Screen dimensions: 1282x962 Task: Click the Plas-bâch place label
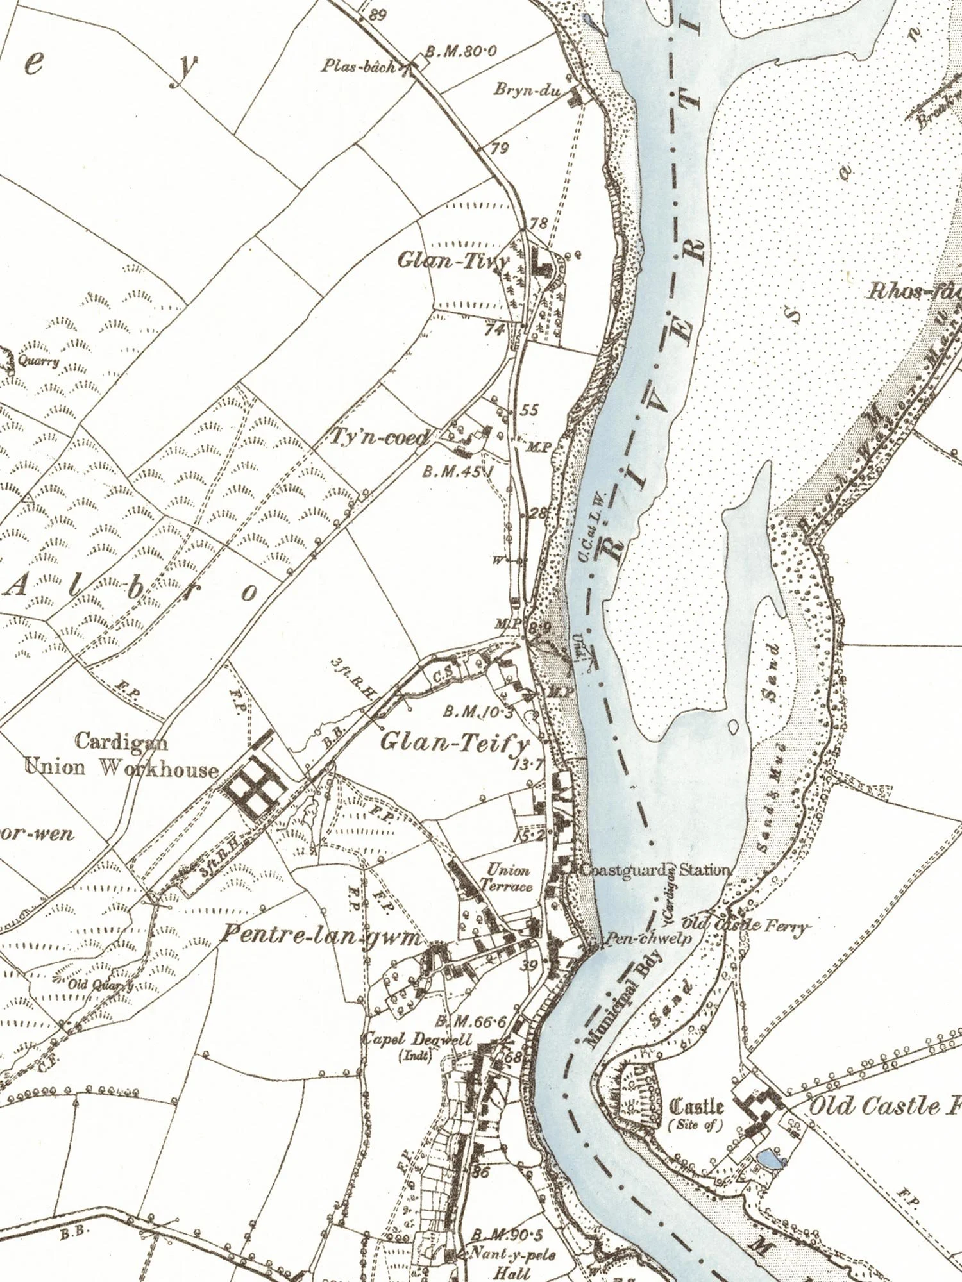click(x=359, y=66)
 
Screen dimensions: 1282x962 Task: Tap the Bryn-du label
click(x=527, y=90)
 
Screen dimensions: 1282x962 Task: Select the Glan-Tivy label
click(x=453, y=260)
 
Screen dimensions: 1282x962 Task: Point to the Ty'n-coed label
click(x=378, y=437)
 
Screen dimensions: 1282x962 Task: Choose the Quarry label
click(x=38, y=361)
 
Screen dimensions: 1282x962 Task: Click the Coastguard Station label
click(x=654, y=870)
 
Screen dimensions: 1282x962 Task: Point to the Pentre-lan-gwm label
click(x=321, y=936)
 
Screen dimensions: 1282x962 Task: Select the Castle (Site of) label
click(x=696, y=1113)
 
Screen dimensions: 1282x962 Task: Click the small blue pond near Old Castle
click(x=770, y=1158)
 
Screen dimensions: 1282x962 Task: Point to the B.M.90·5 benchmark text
click(x=507, y=1235)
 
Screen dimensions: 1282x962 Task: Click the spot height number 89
click(x=378, y=15)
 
